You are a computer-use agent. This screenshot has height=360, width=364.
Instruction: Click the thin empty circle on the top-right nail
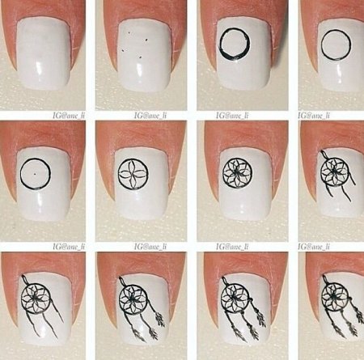click(x=334, y=47)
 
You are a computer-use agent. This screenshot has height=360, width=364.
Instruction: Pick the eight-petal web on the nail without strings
click(x=235, y=172)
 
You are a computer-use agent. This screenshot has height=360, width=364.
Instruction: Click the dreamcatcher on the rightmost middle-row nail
click(x=333, y=171)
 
